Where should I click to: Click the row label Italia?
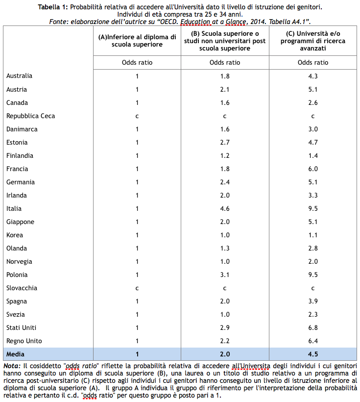(14, 208)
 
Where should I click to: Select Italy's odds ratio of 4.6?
(225, 208)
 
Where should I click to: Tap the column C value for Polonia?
(313, 275)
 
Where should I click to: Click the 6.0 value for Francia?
(313, 169)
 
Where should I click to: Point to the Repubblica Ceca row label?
(30, 116)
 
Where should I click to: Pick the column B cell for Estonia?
(225, 142)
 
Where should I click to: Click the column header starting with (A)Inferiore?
(137, 40)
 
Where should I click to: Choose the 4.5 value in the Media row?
(313, 354)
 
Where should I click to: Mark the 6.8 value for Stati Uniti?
(313, 327)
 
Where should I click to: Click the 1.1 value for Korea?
(313, 235)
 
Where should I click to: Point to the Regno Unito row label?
(24, 341)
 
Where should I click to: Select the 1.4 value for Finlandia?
(313, 155)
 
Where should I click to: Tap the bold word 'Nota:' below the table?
(11, 366)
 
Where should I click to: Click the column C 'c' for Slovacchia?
(313, 288)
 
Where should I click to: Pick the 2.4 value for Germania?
(225, 182)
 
